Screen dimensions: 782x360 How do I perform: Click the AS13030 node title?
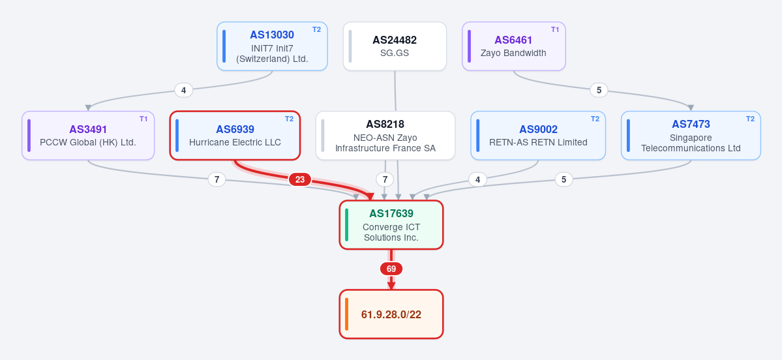[x=272, y=35]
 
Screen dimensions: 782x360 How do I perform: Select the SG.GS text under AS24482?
[x=395, y=53]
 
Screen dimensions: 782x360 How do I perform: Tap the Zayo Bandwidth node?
[x=514, y=46]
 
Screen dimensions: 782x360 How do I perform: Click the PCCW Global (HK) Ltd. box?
[x=88, y=136]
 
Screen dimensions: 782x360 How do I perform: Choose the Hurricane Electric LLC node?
[x=235, y=136]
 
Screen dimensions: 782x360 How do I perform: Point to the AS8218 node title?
[x=385, y=124]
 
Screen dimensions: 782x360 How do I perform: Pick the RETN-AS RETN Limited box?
[x=538, y=136]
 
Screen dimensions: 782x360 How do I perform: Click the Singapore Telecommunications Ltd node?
[x=691, y=136]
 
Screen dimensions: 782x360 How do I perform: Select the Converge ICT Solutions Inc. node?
[x=391, y=225]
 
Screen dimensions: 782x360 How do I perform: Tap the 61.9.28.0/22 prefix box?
[x=391, y=314]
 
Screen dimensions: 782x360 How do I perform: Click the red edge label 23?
[x=300, y=179]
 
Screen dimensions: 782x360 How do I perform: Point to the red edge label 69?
[x=391, y=269]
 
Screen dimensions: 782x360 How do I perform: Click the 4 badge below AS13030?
[x=183, y=90]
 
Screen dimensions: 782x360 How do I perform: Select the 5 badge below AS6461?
[x=599, y=90]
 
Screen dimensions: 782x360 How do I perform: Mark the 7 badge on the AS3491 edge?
[x=217, y=179]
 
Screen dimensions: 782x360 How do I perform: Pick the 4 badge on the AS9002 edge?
[x=478, y=179]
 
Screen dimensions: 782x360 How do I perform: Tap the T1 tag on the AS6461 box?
[x=555, y=29]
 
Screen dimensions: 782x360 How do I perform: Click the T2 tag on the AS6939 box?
[x=290, y=119]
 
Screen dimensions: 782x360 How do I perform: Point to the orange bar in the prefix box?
[x=346, y=314]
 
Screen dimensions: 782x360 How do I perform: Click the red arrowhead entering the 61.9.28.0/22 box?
[x=391, y=286]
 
